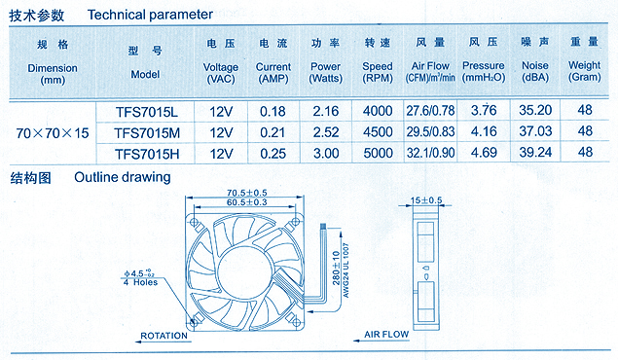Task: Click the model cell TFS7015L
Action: coord(147,112)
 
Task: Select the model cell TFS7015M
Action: coord(147,133)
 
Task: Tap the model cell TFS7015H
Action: coord(147,154)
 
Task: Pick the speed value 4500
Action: coord(378,131)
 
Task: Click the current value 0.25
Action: coord(273,154)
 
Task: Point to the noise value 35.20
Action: coord(535,110)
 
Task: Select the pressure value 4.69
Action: coord(484,153)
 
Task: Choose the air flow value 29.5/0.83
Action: coord(430,131)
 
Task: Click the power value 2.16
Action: coord(326,111)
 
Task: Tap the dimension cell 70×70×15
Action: coord(53,133)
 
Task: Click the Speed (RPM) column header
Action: coord(378,72)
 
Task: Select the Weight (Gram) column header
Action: coord(585,71)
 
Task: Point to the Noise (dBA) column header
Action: coord(535,71)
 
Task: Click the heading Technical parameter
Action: coord(150,15)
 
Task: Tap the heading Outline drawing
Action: coord(123,177)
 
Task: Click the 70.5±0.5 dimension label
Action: coord(247,193)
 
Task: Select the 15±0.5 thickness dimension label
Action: coord(426,200)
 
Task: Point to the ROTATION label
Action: coord(164,336)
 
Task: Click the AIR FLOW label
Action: coord(386,335)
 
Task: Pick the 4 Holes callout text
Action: coord(140,282)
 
